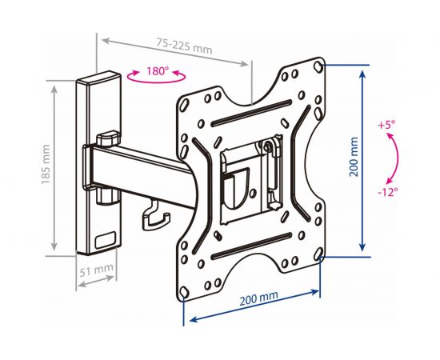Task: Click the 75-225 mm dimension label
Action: (184, 46)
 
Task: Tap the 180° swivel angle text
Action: (157, 71)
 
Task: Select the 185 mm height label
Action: (46, 165)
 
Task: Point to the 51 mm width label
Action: (97, 270)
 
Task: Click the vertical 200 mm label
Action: (354, 157)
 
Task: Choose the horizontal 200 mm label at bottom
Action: (258, 298)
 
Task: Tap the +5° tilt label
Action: (386, 125)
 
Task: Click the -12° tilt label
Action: (388, 192)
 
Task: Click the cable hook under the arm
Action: (155, 215)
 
